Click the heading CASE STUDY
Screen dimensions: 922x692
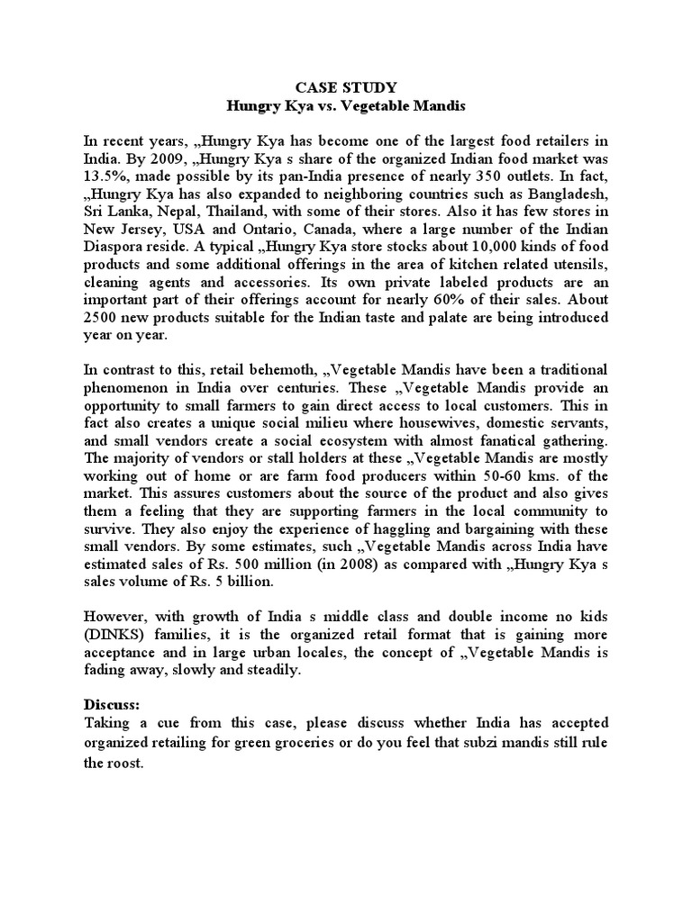coord(345,86)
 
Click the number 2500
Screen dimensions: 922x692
coord(101,319)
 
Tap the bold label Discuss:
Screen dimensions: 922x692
coord(113,705)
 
